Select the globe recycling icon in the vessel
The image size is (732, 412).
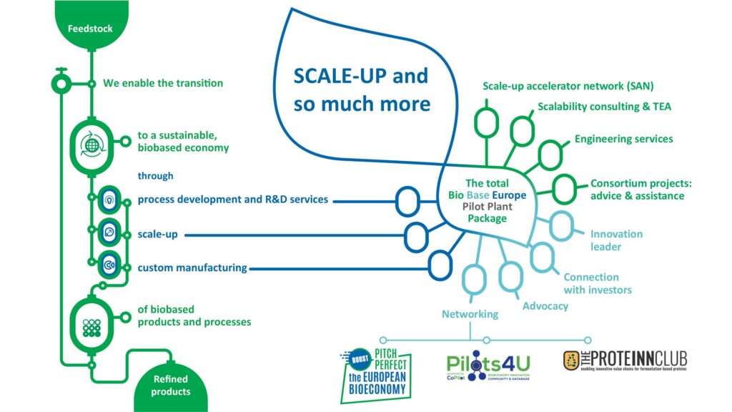[91, 146]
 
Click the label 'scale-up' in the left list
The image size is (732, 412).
[157, 235]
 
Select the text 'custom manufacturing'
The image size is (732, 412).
[192, 268]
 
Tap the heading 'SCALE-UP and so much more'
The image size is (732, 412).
[361, 89]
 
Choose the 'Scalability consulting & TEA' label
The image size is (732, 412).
[604, 107]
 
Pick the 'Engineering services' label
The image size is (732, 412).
[623, 139]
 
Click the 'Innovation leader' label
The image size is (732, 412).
[615, 240]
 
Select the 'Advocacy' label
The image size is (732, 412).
[545, 306]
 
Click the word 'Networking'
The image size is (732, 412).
[470, 314]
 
